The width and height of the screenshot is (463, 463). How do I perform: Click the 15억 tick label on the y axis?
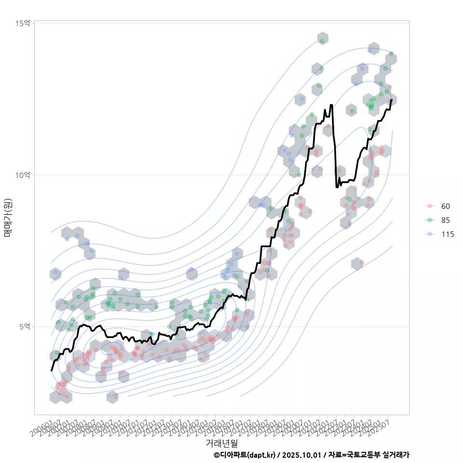click(x=23, y=23)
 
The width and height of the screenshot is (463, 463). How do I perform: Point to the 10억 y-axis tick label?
click(x=23, y=175)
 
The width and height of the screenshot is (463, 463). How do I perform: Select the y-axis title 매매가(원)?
click(x=8, y=217)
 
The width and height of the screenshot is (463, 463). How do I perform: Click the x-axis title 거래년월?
click(x=222, y=443)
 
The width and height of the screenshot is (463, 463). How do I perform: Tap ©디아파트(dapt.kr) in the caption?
click(x=245, y=455)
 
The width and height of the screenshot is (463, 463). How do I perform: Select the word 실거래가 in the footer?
click(x=395, y=455)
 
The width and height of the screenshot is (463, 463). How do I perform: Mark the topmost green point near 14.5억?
click(x=322, y=41)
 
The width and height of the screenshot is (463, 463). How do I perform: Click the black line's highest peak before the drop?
click(x=331, y=105)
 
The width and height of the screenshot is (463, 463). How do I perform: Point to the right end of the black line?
click(x=392, y=100)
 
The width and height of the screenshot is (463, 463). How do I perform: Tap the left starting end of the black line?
click(x=52, y=370)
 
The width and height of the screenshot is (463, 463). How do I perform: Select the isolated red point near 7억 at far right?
click(x=362, y=263)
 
